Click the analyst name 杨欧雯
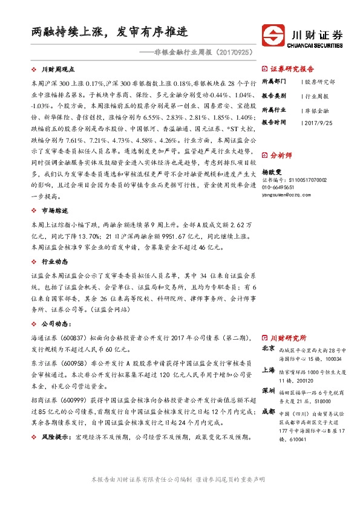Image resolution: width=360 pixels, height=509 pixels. (x=272, y=171)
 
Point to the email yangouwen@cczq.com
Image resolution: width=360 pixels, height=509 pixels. (x=290, y=195)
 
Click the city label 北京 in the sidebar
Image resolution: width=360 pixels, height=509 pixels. (x=269, y=349)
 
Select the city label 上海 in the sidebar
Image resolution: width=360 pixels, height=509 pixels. (x=269, y=369)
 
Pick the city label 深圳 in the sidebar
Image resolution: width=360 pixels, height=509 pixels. (x=269, y=389)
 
